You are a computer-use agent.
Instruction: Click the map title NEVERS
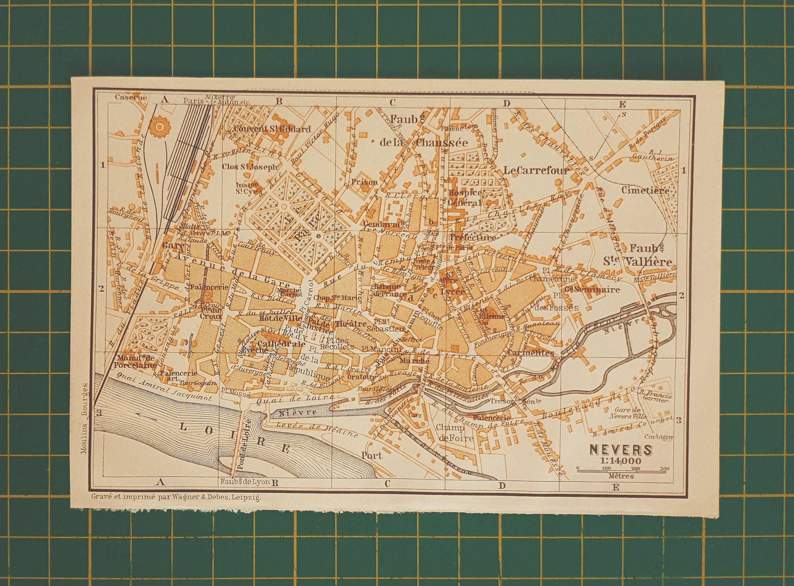621,450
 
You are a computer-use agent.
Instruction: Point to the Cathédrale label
281,343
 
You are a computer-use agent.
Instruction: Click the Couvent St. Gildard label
272,129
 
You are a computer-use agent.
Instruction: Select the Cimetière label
645,190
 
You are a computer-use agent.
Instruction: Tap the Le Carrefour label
536,170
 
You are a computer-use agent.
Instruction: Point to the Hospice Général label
465,197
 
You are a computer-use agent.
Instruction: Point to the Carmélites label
530,353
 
